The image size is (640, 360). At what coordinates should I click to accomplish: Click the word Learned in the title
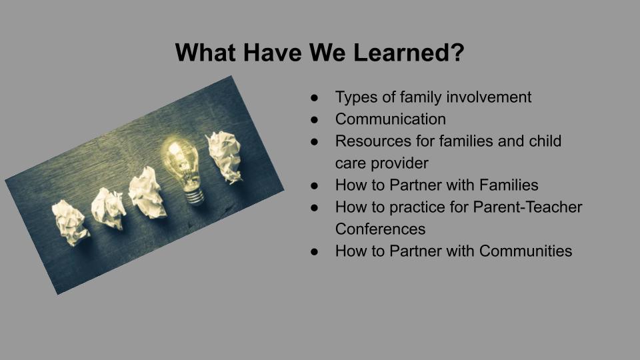[x=409, y=52]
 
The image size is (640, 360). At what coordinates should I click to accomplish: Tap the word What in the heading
[x=206, y=52]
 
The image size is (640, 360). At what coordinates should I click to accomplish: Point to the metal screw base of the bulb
[x=194, y=195]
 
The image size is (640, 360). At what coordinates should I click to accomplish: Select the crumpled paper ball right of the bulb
[x=224, y=156]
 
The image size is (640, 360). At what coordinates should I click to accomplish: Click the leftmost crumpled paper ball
[x=70, y=223]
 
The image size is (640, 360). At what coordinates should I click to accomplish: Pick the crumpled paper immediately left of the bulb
[x=147, y=193]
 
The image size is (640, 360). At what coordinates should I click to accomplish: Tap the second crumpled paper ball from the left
[x=108, y=208]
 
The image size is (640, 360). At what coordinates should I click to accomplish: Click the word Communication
[x=391, y=119]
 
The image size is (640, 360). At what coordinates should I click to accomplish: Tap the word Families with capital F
[x=509, y=185]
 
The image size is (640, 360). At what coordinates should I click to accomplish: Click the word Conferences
[x=381, y=229]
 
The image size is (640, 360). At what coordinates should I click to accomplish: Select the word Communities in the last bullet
[x=526, y=251]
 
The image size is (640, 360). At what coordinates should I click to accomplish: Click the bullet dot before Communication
[x=314, y=119]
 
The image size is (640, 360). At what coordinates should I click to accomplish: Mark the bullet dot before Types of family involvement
[x=314, y=97]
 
